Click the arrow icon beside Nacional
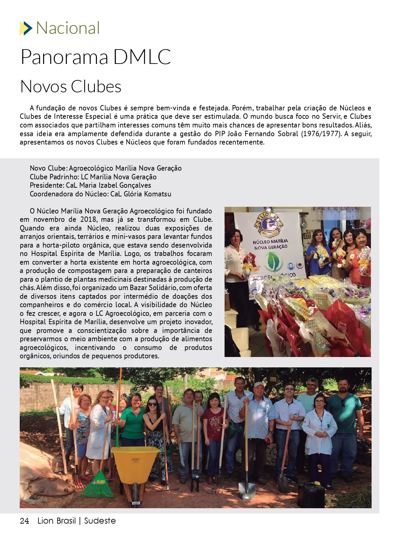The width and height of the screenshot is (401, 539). click(x=26, y=28)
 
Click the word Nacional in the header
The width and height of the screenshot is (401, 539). click(x=68, y=28)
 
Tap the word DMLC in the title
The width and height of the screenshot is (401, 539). click(x=142, y=57)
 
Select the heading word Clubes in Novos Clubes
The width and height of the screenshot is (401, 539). click(x=96, y=86)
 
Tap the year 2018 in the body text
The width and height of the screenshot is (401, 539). click(x=88, y=219)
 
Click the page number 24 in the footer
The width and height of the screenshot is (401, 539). click(x=24, y=521)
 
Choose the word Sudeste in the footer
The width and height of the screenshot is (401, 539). click(x=100, y=521)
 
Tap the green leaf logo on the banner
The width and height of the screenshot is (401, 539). click(x=273, y=262)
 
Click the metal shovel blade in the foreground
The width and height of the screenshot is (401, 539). click(x=247, y=490)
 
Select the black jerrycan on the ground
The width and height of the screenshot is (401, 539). click(x=311, y=495)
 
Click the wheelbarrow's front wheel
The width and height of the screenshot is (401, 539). click(x=135, y=492)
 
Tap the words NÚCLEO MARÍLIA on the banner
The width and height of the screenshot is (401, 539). click(x=270, y=242)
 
